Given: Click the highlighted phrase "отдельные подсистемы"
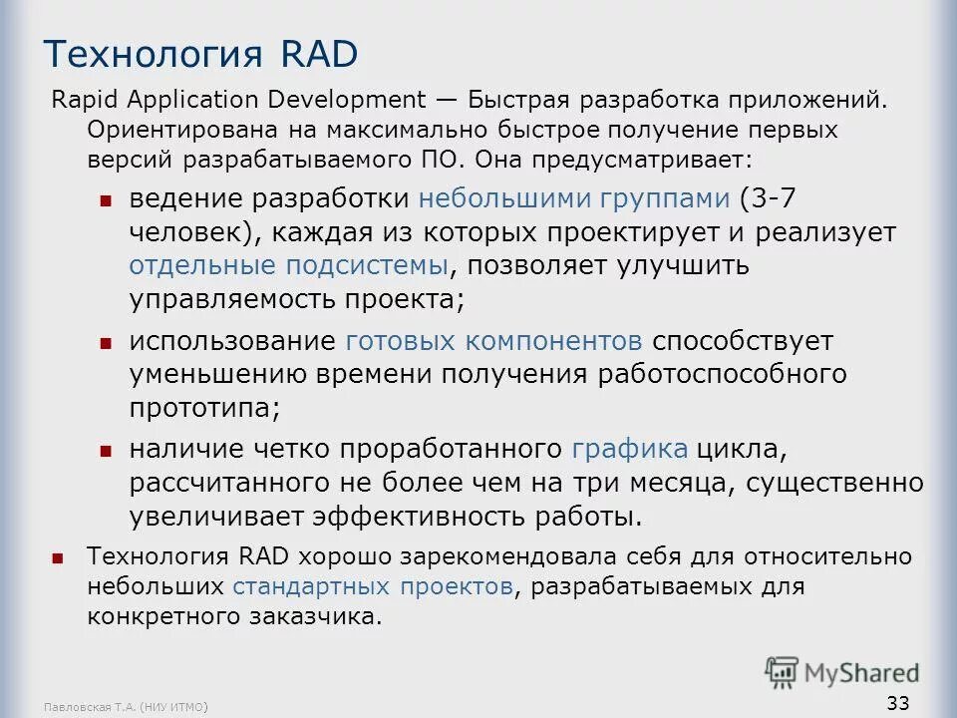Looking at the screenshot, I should (288, 266).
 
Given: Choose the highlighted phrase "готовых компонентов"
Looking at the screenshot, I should (493, 341).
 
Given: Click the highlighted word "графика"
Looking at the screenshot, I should (630, 449).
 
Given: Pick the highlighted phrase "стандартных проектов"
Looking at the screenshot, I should (375, 586).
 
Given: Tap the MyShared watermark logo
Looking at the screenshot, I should (842, 671).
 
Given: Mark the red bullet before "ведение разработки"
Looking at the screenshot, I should (106, 200).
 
